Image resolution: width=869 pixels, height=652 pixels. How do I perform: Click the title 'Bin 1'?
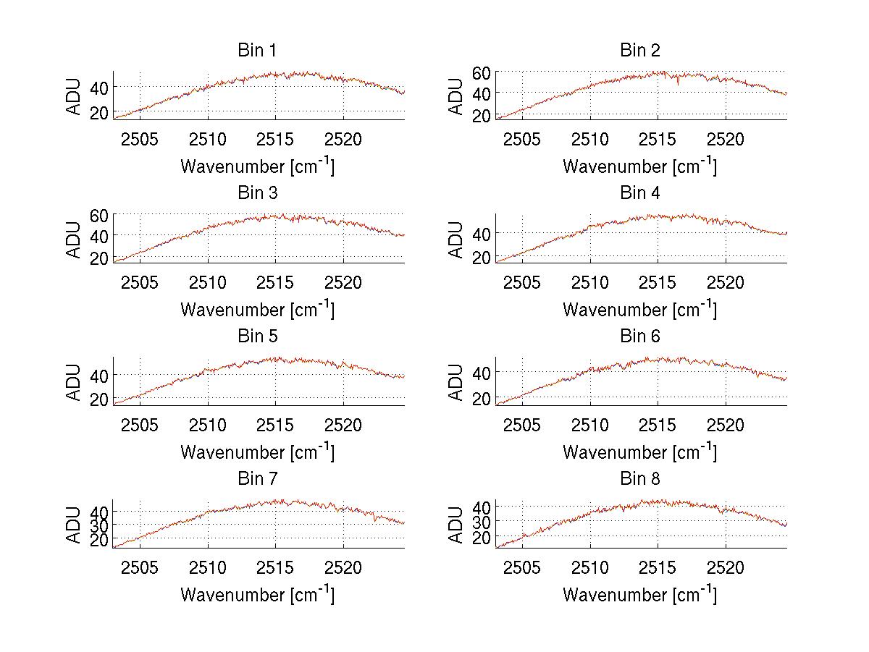pos(257,51)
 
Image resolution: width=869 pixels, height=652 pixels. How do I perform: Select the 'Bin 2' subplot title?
pos(640,51)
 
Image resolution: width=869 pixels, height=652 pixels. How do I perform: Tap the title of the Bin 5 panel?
pos(257,336)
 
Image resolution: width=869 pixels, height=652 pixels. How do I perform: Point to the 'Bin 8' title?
pos(640,479)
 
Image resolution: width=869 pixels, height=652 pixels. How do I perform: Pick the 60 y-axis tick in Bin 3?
pos(99,215)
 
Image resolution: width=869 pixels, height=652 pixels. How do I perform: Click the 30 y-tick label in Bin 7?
pos(99,525)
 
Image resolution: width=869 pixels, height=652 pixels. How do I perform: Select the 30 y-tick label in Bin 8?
pos(482,522)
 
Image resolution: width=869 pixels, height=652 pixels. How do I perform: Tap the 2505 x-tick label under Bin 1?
pos(140,139)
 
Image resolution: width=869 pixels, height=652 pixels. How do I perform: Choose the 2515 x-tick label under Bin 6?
pos(658,425)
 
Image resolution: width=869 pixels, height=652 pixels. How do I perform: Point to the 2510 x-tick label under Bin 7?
pos(208,567)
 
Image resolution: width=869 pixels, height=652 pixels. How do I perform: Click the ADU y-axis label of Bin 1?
pos(74,96)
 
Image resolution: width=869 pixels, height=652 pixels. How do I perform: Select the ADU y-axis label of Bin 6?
pos(456,382)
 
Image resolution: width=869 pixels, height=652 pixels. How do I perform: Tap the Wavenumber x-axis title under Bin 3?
pos(257,309)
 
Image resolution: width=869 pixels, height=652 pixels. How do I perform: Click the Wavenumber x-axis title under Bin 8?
pos(640,594)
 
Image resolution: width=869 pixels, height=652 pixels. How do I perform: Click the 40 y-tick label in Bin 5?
pos(99,375)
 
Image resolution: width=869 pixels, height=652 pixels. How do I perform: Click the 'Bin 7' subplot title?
pos(257,479)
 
